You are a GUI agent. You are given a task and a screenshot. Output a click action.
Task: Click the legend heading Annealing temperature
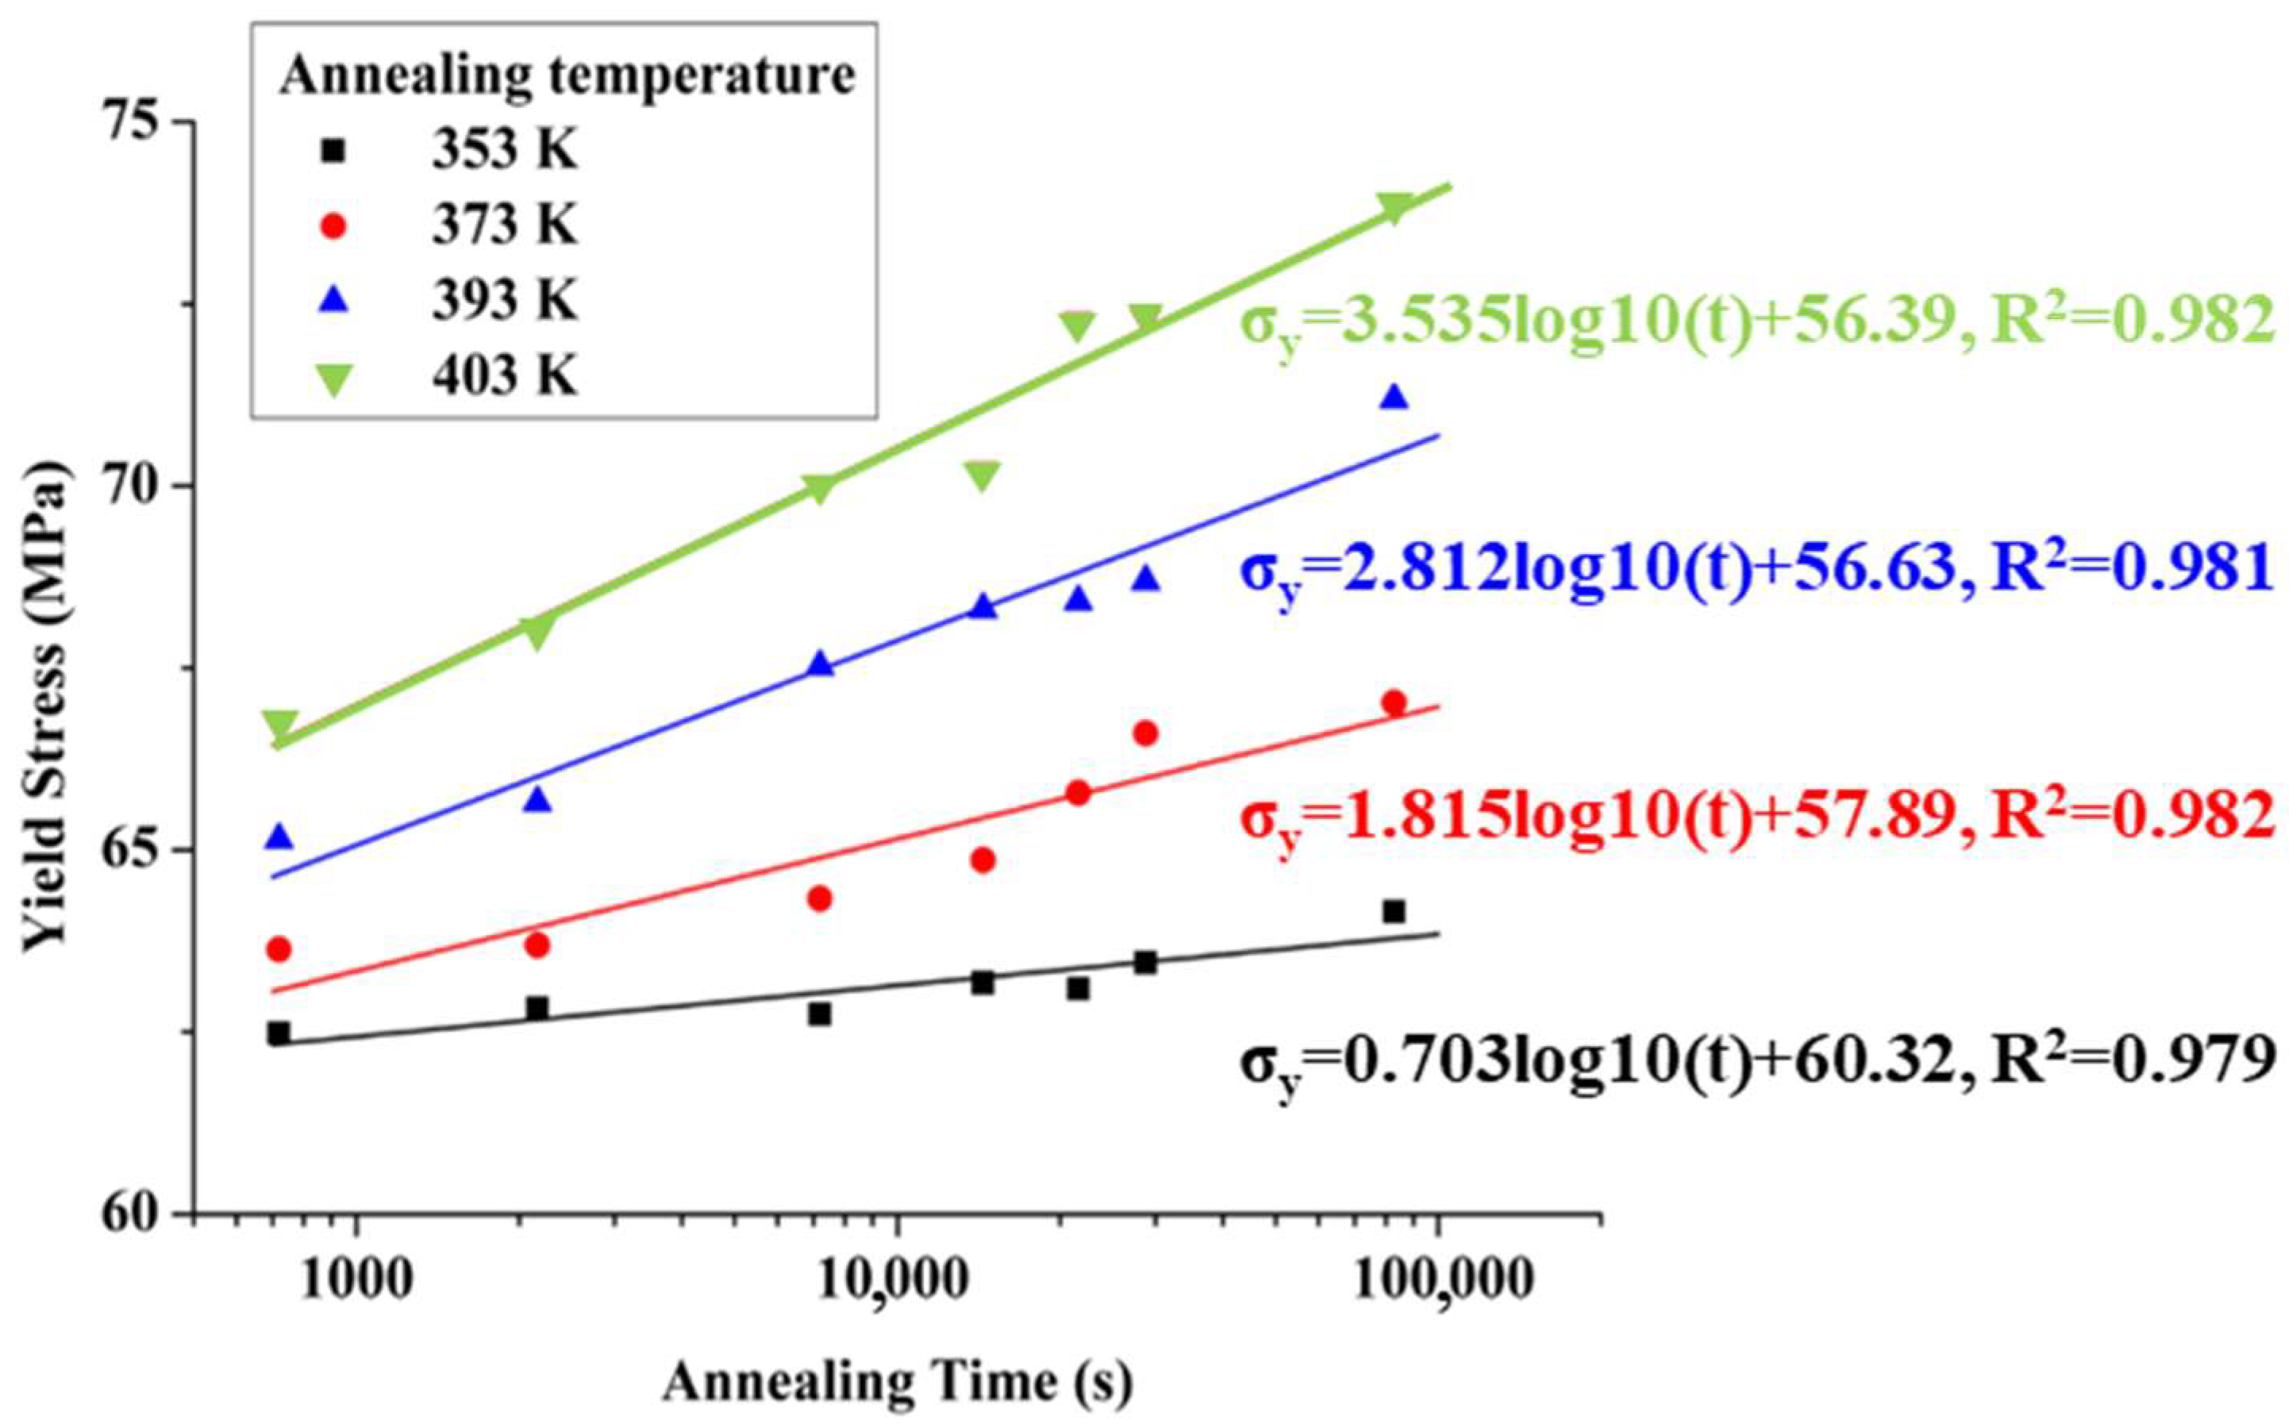point(566,75)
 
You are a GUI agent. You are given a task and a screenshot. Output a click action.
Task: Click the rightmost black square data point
point(1394,911)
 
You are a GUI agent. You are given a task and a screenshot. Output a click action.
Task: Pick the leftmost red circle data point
point(279,949)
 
